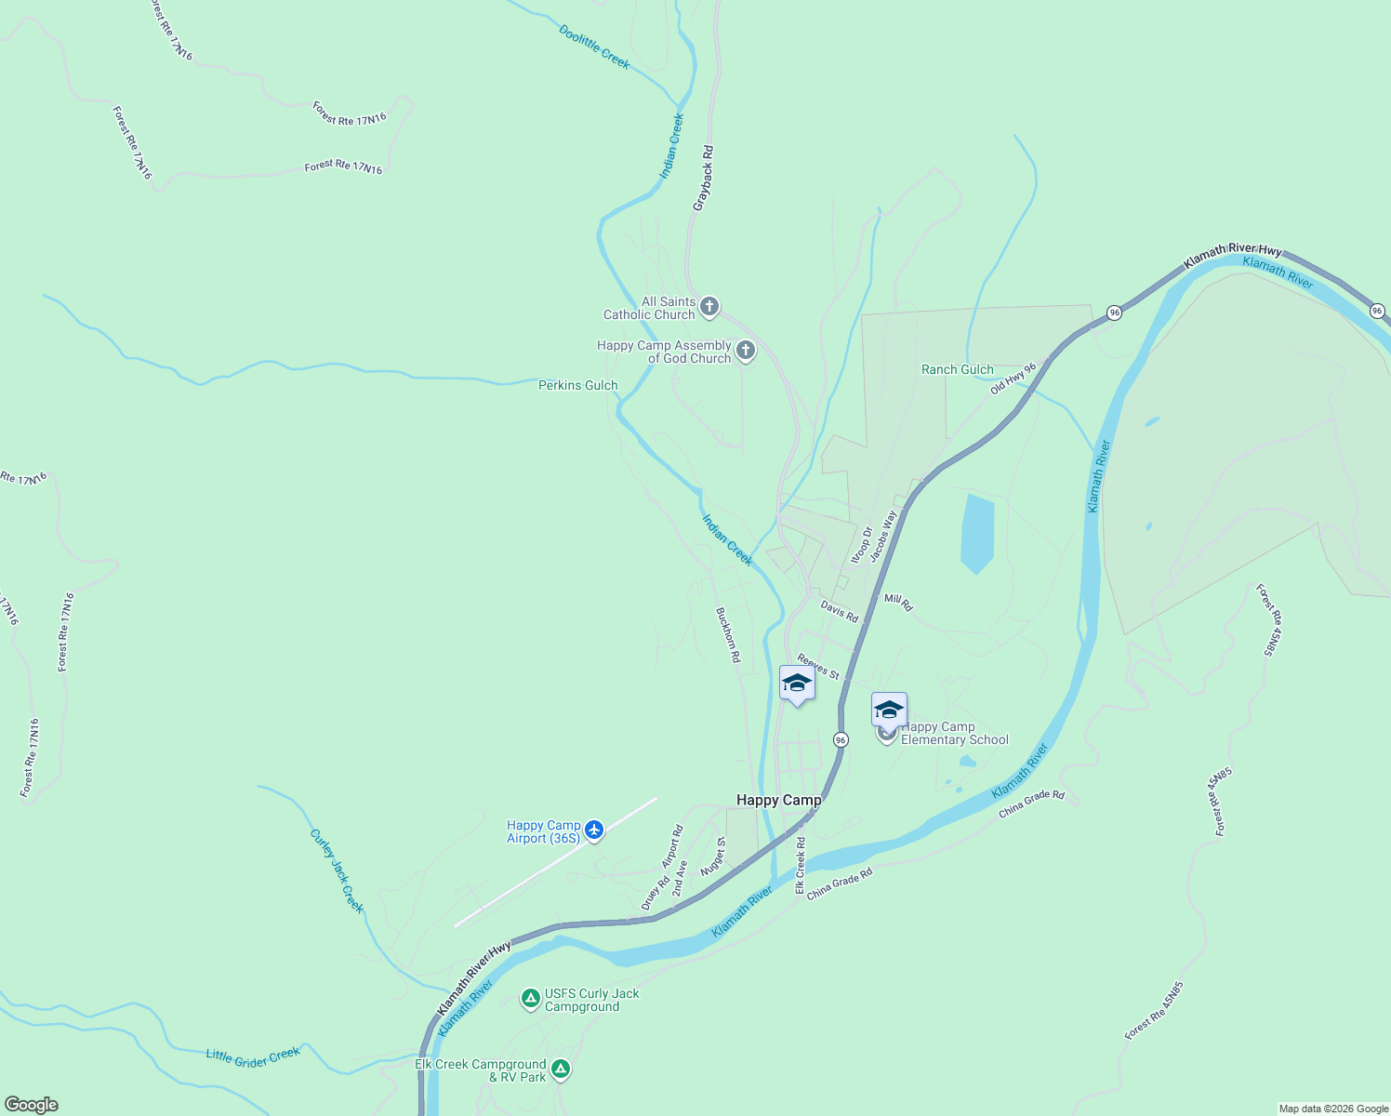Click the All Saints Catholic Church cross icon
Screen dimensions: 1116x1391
709,307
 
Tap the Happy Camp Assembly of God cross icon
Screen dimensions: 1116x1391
745,351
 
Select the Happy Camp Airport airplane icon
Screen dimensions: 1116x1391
594,830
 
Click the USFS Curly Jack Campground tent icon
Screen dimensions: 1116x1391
530,999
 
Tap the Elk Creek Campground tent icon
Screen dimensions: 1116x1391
560,1069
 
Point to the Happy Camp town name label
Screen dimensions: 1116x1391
778,800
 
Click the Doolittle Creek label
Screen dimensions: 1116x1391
594,47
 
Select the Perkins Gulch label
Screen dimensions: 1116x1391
577,385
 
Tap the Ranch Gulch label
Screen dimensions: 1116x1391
957,369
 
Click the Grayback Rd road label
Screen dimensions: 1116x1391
703,177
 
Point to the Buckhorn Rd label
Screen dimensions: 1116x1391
728,634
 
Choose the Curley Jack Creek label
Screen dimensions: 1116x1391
337,870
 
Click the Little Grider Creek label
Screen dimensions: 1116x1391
253,1056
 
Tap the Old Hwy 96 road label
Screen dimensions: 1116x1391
1013,379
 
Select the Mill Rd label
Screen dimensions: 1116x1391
898,603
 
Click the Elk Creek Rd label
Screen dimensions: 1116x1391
800,865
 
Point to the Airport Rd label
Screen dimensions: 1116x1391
672,846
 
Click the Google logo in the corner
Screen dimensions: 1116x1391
31,1105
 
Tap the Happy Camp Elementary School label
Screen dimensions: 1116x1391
954,734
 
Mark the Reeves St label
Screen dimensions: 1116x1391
817,667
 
